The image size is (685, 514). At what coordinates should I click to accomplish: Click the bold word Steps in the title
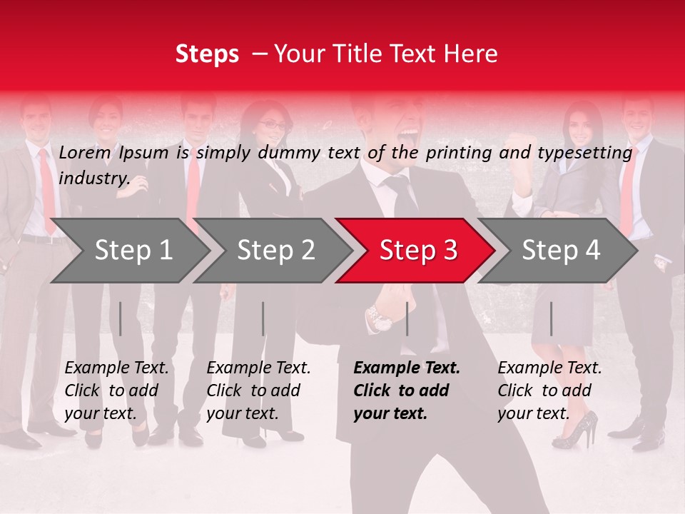[207, 54]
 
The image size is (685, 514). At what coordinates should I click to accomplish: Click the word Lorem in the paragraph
[85, 152]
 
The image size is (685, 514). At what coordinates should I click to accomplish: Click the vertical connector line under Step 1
[121, 318]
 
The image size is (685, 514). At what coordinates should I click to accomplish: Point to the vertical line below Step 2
[263, 318]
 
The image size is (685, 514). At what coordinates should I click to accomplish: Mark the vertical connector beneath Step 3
[407, 318]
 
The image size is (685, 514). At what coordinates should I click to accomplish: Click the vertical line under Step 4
[551, 318]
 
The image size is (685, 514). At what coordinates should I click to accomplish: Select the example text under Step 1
[116, 390]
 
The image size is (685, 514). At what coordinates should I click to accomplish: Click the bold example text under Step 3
[407, 390]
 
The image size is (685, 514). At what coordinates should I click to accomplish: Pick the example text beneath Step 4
[549, 390]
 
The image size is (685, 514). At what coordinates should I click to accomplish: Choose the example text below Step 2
[258, 390]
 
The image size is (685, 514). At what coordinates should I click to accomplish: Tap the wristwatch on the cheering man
[379, 316]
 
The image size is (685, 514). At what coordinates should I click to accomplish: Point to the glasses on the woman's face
[271, 125]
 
